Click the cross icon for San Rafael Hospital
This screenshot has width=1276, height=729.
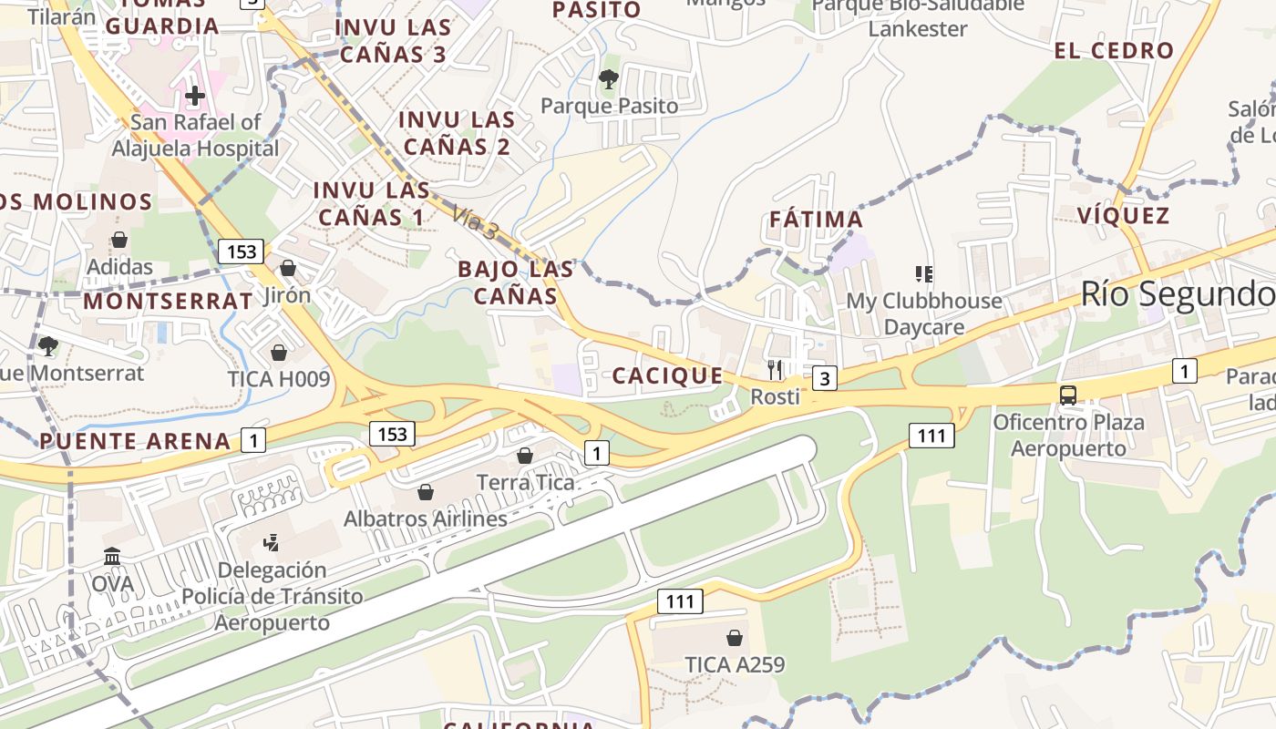[194, 96]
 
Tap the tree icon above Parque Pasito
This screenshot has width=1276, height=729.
[609, 79]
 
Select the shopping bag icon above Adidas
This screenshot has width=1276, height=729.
[119, 241]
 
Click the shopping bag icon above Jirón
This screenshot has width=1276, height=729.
[288, 268]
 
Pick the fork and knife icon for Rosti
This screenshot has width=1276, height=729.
[775, 369]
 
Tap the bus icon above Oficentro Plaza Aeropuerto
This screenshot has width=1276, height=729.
[1067, 395]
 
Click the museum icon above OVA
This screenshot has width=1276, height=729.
[112, 556]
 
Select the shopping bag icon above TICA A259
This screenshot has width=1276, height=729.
[735, 638]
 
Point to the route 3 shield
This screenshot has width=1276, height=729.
[824, 377]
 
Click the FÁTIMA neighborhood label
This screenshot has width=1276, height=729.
[816, 220]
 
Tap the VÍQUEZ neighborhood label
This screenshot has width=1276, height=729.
[1123, 216]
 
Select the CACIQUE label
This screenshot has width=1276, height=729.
[668, 375]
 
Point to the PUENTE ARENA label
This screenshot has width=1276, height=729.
[135, 442]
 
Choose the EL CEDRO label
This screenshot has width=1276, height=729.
[1114, 51]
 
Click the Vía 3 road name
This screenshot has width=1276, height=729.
[475, 222]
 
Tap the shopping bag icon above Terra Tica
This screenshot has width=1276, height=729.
[525, 456]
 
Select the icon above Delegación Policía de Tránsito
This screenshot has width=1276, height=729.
[271, 543]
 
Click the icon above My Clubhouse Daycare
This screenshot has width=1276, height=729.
[924, 273]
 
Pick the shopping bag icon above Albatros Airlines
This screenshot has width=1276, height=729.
[425, 492]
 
